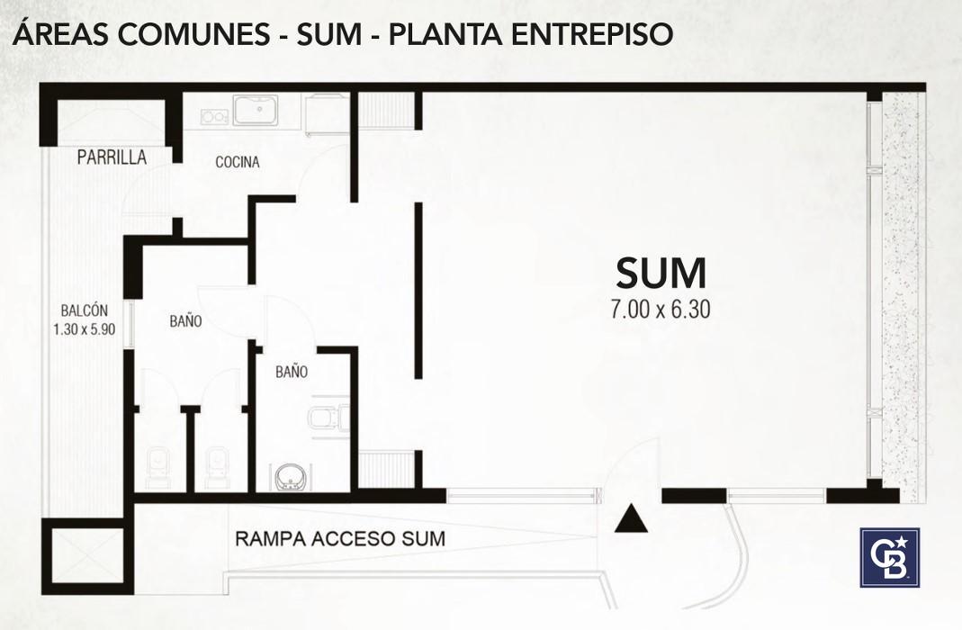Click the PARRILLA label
coord(112,157)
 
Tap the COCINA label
coord(238,162)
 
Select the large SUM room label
coord(661,273)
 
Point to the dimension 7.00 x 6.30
coord(661,310)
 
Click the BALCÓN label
coord(84,311)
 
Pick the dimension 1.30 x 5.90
coord(84,329)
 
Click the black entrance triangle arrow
coord(632,518)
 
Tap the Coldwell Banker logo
coord(889,557)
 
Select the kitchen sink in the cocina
coord(256,111)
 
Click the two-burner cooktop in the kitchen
coord(215,115)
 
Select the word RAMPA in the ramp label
coord(271,538)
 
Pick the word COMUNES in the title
coord(193,34)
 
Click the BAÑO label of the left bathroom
coord(185,320)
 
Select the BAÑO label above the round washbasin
coord(292,371)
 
